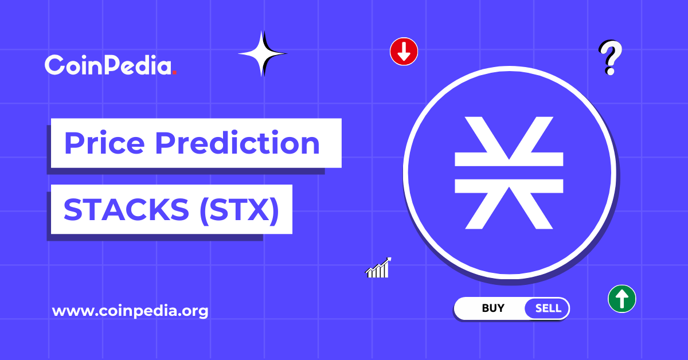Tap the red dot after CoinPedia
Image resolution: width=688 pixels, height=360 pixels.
(174, 73)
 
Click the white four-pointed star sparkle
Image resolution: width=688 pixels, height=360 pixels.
(262, 54)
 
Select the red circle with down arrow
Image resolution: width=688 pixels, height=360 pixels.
(404, 52)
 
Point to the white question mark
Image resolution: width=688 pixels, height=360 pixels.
(611, 57)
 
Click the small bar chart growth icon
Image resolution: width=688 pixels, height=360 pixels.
(378, 268)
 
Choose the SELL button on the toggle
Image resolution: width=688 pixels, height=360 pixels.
(548, 308)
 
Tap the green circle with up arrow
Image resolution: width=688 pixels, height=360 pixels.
(621, 299)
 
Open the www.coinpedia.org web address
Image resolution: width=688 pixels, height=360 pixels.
(130, 311)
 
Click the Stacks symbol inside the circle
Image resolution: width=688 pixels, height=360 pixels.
(509, 172)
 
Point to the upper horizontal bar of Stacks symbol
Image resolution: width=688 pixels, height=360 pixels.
(509, 159)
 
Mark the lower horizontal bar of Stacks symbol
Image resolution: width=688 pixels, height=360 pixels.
(509, 185)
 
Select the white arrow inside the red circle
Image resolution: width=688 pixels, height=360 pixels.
(404, 52)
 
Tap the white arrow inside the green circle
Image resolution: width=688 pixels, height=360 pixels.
(621, 299)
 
